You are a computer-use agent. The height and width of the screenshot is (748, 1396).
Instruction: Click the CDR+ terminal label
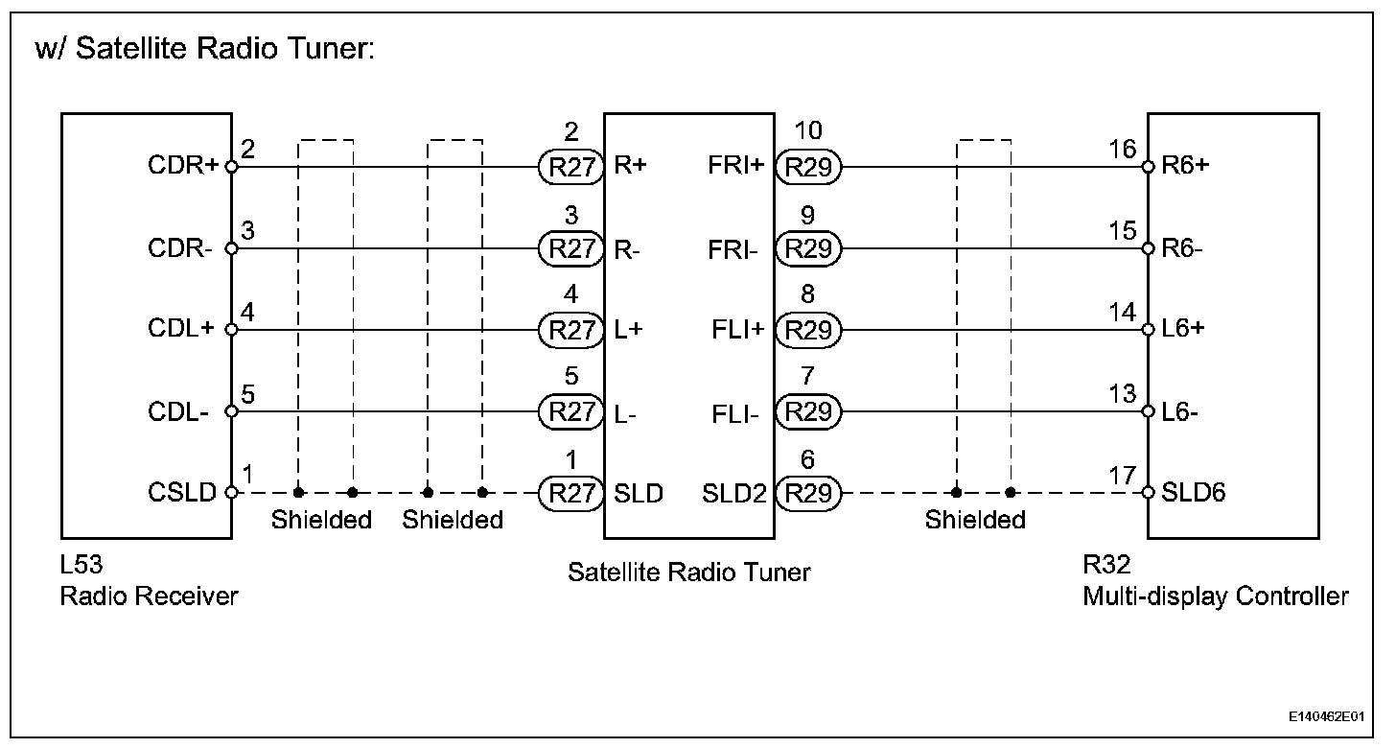click(x=183, y=167)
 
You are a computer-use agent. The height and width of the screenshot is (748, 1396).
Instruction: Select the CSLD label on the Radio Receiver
click(x=182, y=494)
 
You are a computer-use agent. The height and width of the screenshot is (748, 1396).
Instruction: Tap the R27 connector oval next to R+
click(x=571, y=167)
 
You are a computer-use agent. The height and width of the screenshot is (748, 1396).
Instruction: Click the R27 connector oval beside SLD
click(x=571, y=494)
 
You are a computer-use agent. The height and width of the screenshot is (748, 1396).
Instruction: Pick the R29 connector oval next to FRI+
click(x=808, y=167)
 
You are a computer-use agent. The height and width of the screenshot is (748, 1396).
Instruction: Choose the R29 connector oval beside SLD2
click(x=808, y=494)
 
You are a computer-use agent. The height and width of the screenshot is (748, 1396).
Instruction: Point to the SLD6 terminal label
click(x=1194, y=494)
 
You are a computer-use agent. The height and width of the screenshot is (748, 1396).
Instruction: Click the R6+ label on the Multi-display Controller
click(x=1185, y=167)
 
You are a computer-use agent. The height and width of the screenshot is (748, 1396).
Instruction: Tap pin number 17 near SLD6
click(x=1123, y=476)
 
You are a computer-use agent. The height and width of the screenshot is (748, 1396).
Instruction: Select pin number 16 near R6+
click(x=1123, y=150)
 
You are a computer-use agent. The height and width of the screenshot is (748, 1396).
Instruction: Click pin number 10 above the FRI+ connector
click(x=808, y=131)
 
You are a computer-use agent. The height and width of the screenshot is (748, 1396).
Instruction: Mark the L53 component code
click(x=81, y=566)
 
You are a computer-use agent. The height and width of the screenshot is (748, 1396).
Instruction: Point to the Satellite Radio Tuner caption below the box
click(x=688, y=573)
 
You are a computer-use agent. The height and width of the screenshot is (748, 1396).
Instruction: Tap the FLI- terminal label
click(x=735, y=412)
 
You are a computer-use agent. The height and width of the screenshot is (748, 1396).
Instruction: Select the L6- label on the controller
click(x=1182, y=412)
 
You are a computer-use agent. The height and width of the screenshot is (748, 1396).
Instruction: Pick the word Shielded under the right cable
click(x=975, y=520)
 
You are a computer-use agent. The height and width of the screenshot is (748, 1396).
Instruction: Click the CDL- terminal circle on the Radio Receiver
click(x=230, y=412)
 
